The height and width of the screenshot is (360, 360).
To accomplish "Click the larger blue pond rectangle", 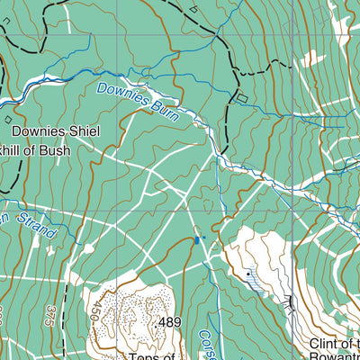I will coord(196,240).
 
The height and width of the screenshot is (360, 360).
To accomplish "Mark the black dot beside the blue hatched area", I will coord(247,272).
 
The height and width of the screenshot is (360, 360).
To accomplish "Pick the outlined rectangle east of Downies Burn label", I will coord(240,96).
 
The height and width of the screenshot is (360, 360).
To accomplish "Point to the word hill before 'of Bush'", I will coord(13,149).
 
